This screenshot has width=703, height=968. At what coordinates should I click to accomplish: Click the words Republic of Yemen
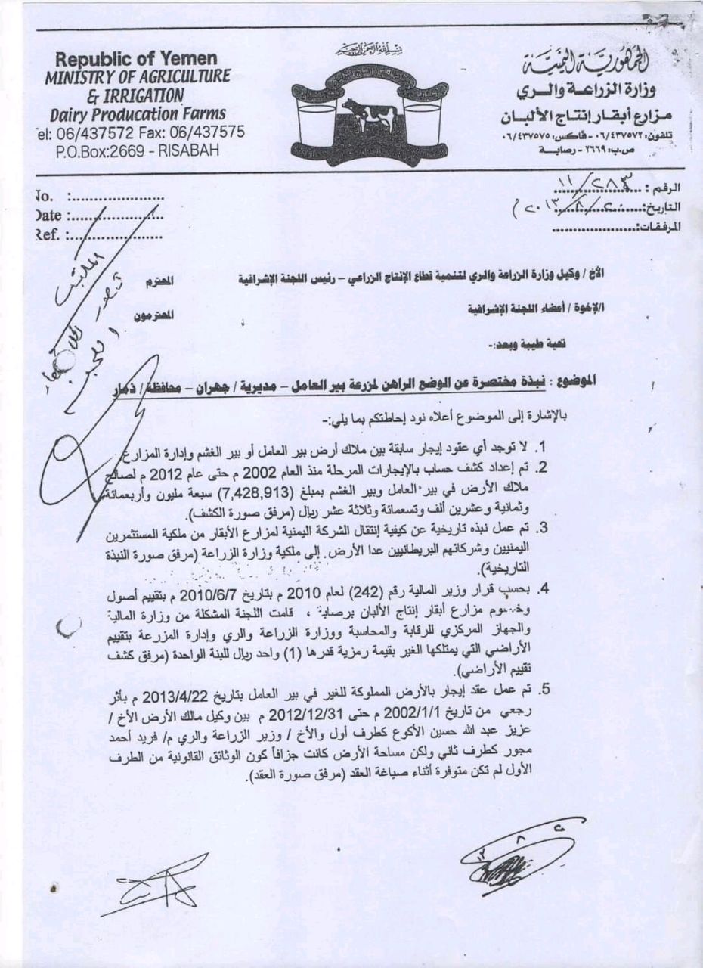[x=136, y=59]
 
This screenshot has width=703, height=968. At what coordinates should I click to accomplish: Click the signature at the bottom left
[x=163, y=881]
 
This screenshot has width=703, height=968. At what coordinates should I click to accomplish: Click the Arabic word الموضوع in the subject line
[x=570, y=382]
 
